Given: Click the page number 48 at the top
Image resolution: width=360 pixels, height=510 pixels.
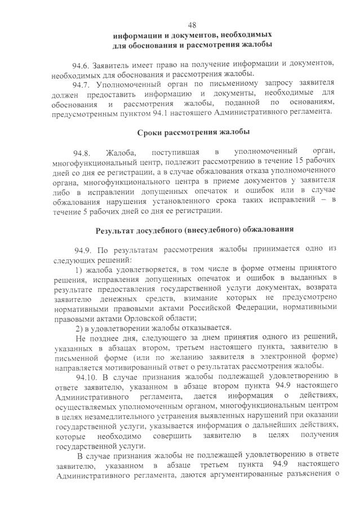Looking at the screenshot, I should click(x=192, y=25).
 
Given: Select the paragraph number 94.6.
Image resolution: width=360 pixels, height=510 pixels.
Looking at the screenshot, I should click(x=81, y=62).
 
